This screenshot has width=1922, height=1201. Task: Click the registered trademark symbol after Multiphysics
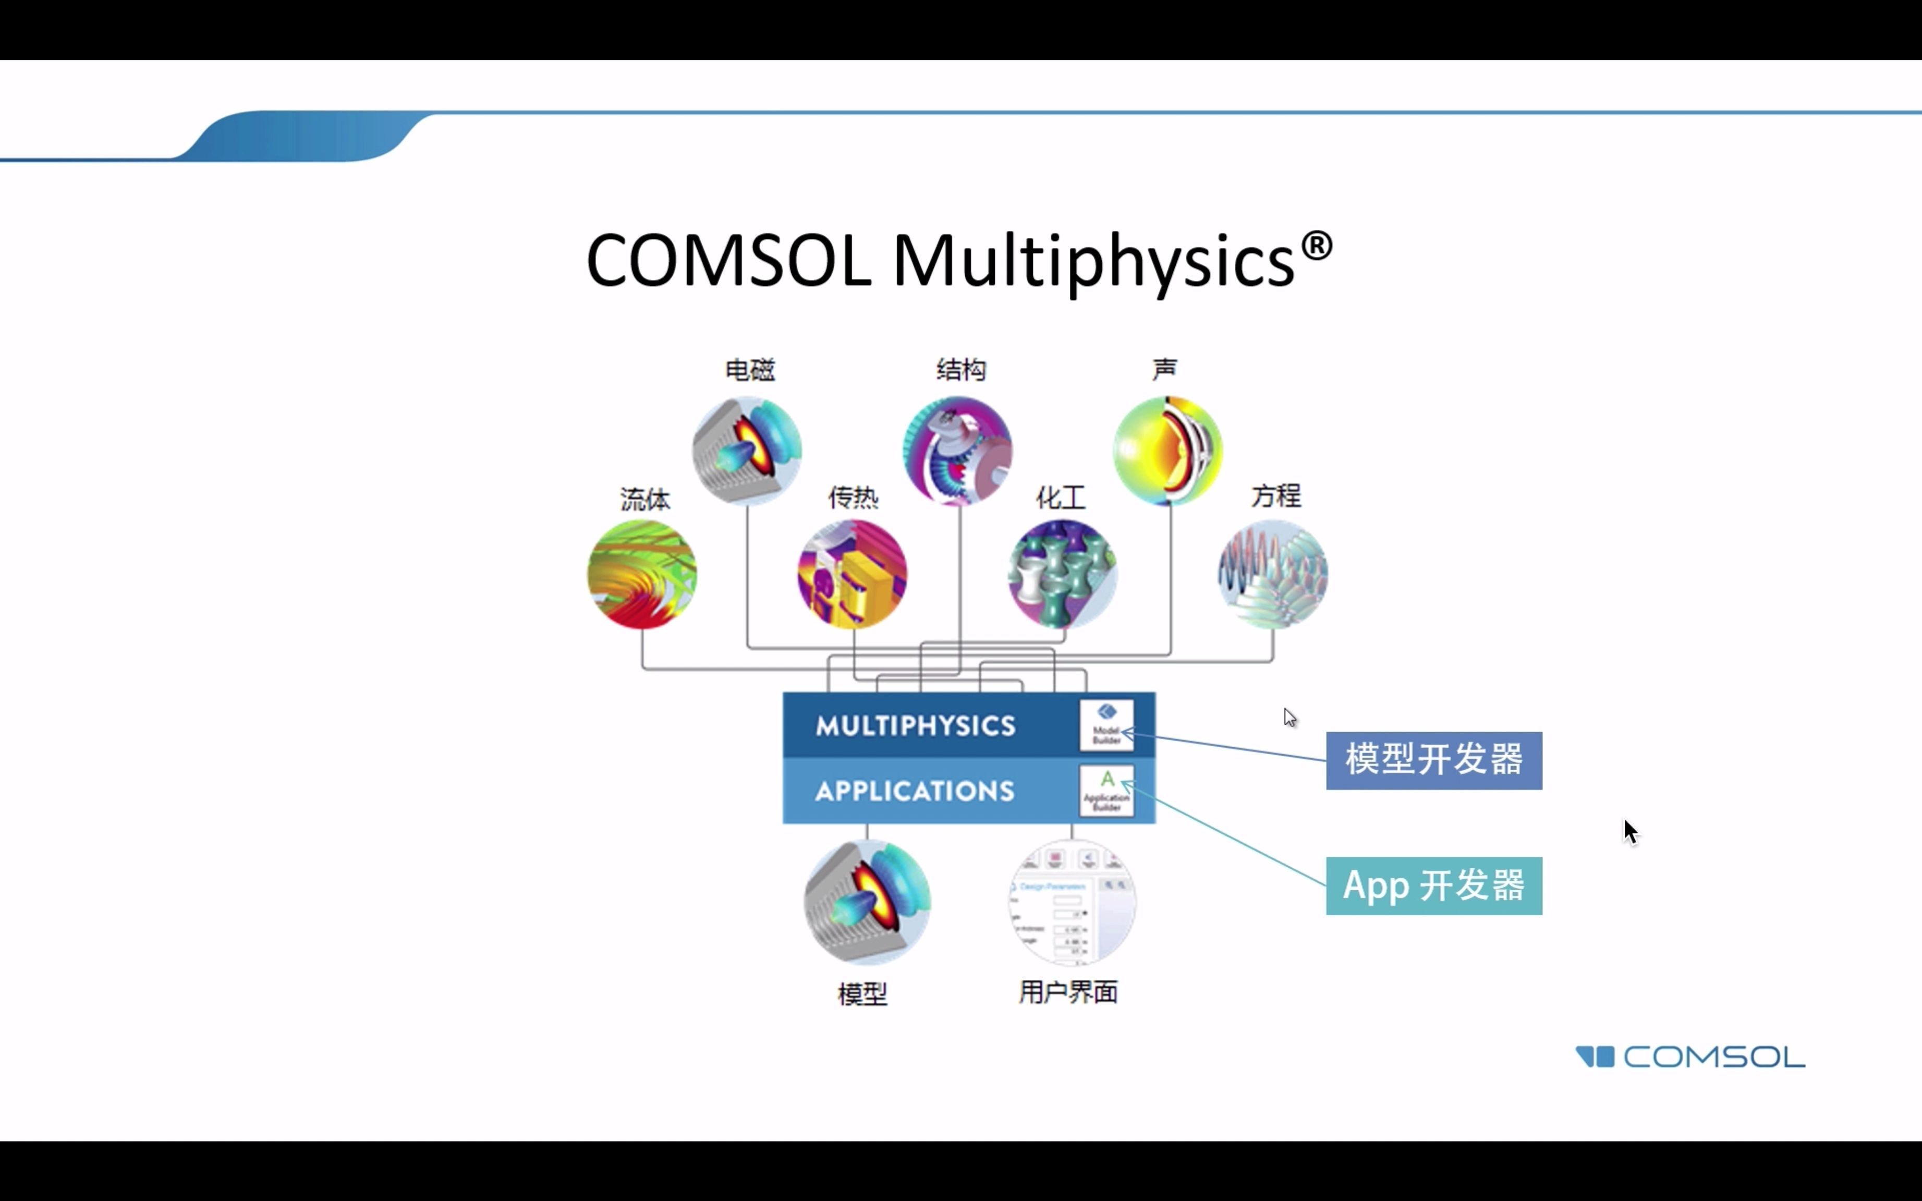pyautogui.click(x=1316, y=246)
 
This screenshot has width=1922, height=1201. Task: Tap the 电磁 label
pyautogui.click(x=750, y=370)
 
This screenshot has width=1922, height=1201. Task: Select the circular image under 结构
pyautogui.click(x=958, y=451)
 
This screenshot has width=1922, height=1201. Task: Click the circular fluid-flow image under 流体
pyautogui.click(x=642, y=574)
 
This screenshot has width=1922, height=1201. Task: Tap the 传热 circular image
pyautogui.click(x=852, y=574)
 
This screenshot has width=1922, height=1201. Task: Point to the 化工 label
pyautogui.click(x=1061, y=498)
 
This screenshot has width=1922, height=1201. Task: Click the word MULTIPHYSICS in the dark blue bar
pyautogui.click(x=915, y=725)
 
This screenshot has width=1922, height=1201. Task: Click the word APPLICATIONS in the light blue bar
pyautogui.click(x=915, y=791)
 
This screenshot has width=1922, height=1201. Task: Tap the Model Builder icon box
pyautogui.click(x=1106, y=724)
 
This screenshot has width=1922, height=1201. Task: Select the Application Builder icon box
pyautogui.click(x=1106, y=791)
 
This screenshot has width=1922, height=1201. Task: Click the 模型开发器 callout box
pyautogui.click(x=1433, y=760)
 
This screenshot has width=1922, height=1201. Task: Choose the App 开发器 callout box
pyautogui.click(x=1433, y=885)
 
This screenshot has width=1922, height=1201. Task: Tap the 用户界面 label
pyautogui.click(x=1068, y=992)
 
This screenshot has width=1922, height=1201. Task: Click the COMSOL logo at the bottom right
pyautogui.click(x=1690, y=1057)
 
